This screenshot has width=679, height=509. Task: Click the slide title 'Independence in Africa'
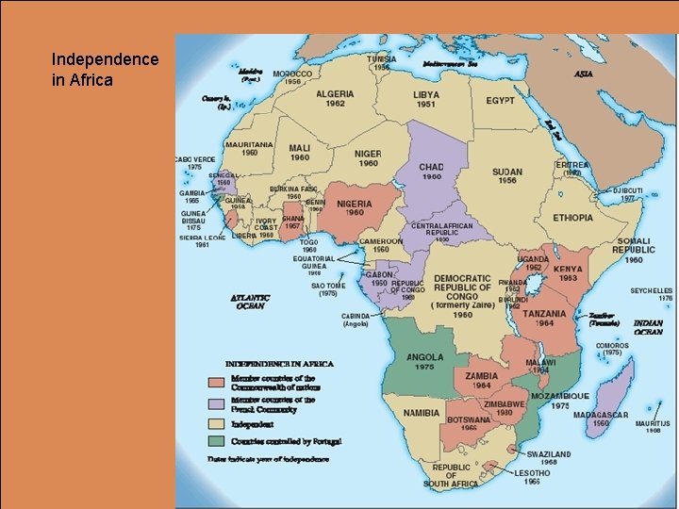105,70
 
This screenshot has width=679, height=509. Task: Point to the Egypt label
500,100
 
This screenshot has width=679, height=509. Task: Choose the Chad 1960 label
431,172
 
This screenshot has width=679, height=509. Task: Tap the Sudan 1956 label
506,177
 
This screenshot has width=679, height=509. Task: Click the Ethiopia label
573,218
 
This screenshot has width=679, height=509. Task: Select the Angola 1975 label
424,363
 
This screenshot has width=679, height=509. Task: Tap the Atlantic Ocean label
251,302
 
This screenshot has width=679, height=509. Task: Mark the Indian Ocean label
648,326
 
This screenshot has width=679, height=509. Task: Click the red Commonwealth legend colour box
216,383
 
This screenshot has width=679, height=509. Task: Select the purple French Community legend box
216,404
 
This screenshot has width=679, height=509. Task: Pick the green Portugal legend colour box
216,440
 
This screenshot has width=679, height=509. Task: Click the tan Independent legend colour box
216,424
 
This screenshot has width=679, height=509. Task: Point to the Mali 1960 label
300,153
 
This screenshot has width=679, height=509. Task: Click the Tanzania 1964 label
545,320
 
